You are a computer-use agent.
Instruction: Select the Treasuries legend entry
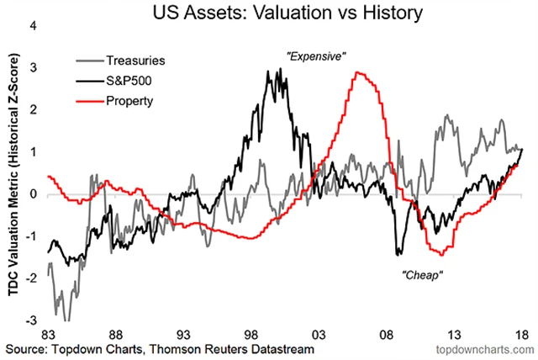pos(135,61)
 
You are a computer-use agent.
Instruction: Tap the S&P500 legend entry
pos(130,81)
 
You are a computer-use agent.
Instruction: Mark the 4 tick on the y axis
pos(34,25)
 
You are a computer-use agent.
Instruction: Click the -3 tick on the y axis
pos(31,320)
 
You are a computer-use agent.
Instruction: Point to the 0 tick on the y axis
pos(34,194)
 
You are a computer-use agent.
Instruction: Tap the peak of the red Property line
pos(359,72)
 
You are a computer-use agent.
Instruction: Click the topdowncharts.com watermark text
pos(480,348)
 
